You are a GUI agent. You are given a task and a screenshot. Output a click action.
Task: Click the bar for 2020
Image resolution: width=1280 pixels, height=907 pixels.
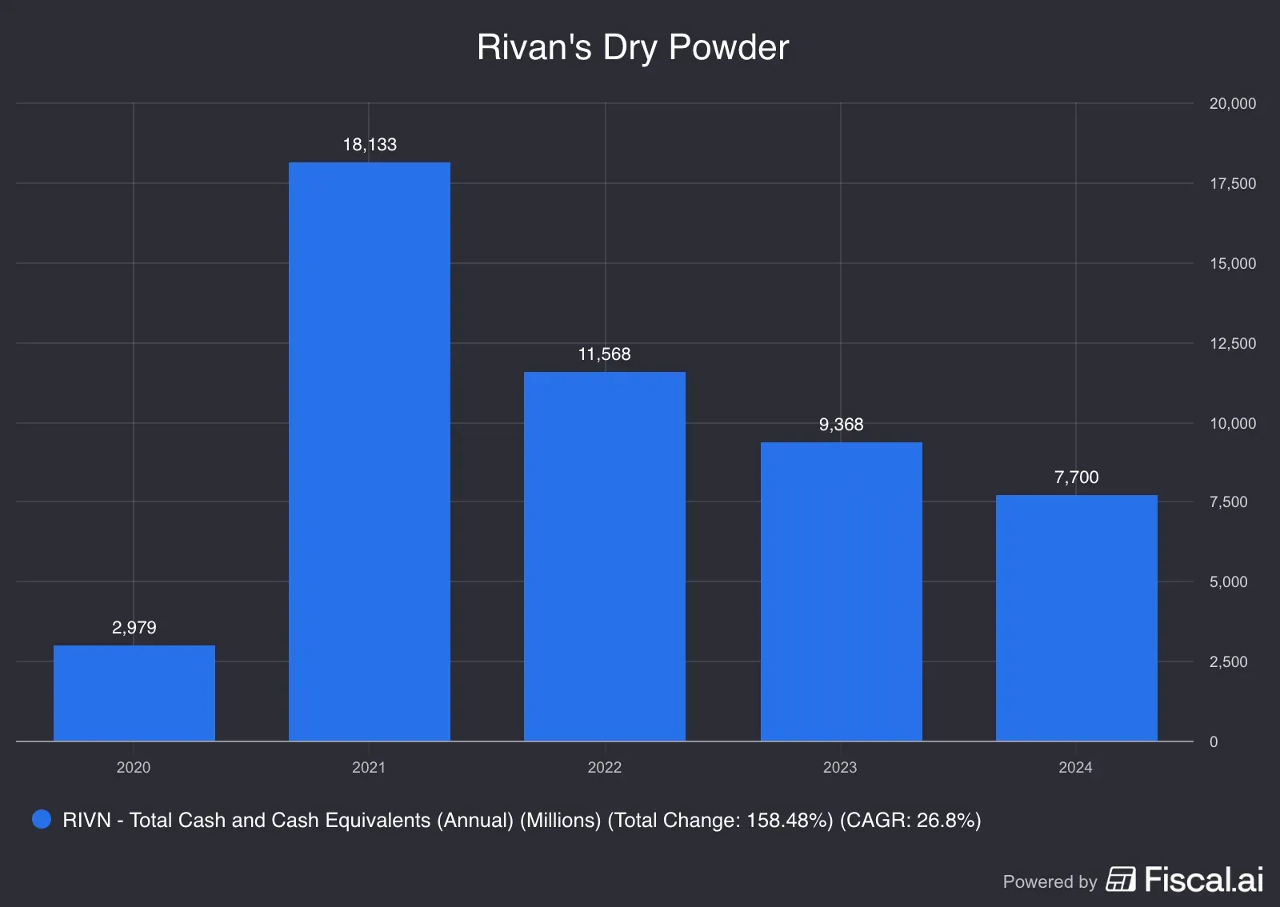134,693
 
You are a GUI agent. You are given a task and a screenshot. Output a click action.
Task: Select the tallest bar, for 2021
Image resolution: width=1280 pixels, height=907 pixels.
370,452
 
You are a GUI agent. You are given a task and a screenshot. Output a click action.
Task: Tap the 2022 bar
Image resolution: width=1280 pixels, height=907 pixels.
605,557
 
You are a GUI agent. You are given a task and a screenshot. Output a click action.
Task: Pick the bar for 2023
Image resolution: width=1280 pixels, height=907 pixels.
841,592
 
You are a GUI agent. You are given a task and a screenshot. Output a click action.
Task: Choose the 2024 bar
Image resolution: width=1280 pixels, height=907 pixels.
1076,618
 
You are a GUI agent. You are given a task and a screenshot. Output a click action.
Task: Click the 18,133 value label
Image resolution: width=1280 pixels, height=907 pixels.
370,145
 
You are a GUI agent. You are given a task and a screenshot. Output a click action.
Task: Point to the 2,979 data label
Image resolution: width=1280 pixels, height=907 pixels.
134,628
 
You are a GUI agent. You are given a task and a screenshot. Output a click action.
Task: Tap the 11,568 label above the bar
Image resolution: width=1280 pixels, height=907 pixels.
605,354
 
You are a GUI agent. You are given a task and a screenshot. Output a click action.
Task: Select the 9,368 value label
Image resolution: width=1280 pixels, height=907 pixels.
841,425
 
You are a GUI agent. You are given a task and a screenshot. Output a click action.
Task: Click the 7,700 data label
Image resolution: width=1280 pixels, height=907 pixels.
1076,477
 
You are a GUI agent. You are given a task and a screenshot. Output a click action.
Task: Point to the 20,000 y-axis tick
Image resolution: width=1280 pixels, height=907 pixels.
1232,103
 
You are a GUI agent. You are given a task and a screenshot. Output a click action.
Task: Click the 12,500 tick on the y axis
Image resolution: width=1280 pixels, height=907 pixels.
1232,343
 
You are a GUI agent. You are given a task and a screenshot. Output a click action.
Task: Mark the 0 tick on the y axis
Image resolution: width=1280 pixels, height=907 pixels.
1214,741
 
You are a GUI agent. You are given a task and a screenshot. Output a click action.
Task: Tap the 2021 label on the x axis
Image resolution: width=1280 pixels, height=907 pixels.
369,767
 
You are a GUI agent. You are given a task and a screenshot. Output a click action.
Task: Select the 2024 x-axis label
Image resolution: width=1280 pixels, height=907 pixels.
1075,767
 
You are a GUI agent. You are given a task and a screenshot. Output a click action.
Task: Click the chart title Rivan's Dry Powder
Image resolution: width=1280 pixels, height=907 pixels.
633,47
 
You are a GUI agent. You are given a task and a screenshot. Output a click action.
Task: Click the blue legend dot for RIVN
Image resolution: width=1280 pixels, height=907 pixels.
42,819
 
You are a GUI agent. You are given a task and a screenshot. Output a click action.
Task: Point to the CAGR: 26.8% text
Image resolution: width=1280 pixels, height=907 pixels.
910,820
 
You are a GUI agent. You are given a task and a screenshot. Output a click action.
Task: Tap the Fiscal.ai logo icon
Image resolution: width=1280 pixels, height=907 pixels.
1121,879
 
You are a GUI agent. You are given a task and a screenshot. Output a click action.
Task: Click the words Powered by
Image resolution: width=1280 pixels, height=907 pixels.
1050,881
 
